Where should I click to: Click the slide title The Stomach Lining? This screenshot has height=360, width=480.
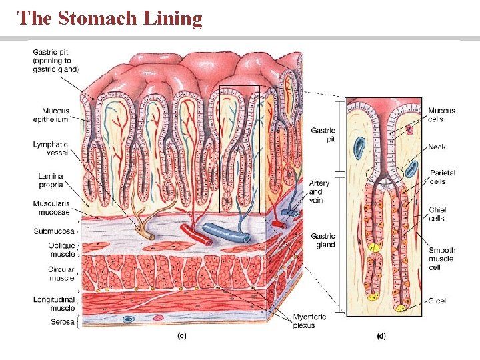(110, 18)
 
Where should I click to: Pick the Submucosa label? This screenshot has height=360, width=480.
(54, 231)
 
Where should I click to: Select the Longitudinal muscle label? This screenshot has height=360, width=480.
(54, 304)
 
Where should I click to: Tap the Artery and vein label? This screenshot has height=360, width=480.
(319, 192)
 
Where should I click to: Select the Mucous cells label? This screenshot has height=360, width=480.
(441, 115)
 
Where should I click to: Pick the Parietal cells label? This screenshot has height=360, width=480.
(443, 177)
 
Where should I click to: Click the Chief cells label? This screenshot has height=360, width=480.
(437, 214)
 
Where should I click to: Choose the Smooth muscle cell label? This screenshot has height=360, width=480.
(441, 259)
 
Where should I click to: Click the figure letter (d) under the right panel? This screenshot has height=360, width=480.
(381, 336)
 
